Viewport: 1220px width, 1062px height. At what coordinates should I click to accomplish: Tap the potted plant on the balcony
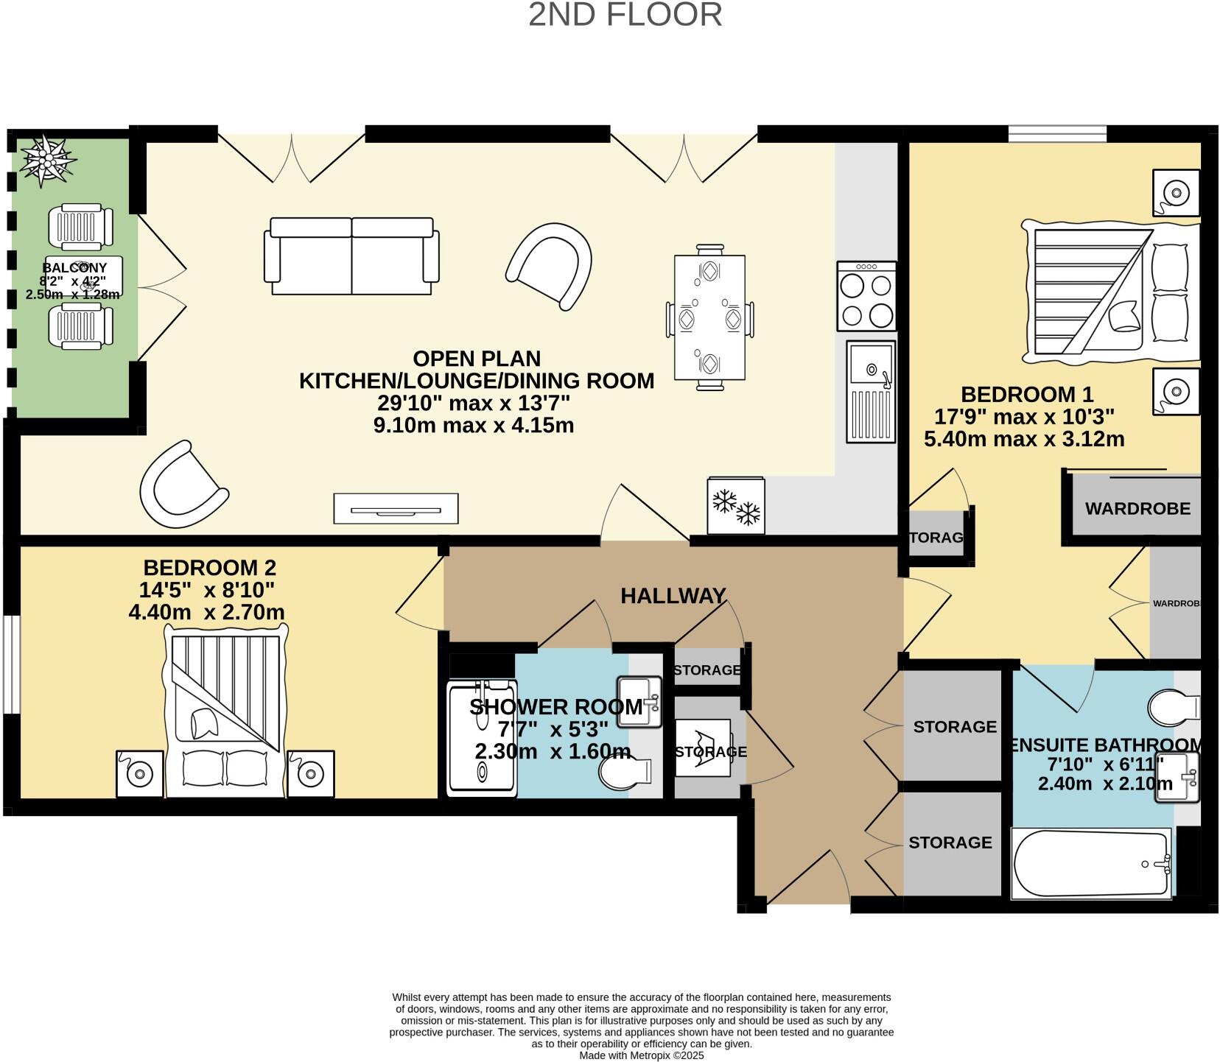pos(48,160)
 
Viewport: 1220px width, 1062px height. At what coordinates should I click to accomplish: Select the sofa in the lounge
pos(351,256)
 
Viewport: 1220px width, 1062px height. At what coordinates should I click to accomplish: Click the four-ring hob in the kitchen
pos(866,296)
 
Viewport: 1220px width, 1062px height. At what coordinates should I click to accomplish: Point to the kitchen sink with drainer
pos(871,391)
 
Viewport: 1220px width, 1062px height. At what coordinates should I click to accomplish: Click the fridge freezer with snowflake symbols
pos(736,506)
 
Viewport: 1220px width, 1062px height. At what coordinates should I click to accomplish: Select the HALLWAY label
pos(673,596)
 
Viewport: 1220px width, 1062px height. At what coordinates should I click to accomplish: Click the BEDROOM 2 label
pos(209,568)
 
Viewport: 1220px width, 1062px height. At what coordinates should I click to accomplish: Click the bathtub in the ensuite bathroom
pos(1092,863)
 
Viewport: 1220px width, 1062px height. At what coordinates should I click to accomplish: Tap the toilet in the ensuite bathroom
pos(1174,706)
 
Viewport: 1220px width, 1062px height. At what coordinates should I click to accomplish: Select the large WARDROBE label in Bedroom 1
pos(1137,508)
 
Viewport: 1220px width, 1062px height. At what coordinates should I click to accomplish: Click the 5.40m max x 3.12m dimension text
pos(1023,440)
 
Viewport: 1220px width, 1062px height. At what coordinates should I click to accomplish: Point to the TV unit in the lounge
pos(396,509)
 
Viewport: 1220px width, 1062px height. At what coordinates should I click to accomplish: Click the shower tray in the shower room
pos(482,739)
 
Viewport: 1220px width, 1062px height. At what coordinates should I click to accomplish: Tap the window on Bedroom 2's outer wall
pos(11,664)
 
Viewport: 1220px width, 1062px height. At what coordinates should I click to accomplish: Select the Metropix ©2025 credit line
pos(641,1055)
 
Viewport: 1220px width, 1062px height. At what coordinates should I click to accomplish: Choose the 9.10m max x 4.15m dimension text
pos(473,426)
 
